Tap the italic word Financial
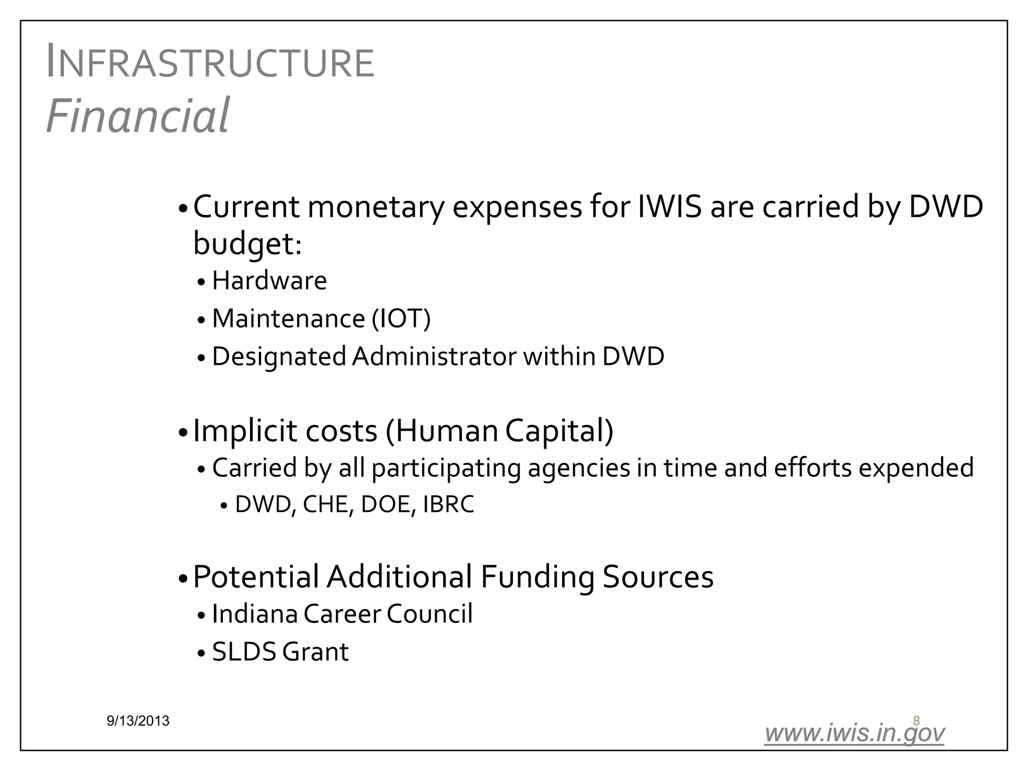(138, 115)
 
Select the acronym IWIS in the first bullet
(669, 207)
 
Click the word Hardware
(269, 281)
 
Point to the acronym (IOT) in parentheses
(401, 319)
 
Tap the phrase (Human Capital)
(499, 431)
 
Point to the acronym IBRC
(448, 504)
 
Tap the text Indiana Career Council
(342, 614)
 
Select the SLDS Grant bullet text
(280, 652)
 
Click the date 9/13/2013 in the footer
(138, 721)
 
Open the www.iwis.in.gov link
(854, 733)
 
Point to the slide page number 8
(916, 721)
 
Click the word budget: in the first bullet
(247, 244)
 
